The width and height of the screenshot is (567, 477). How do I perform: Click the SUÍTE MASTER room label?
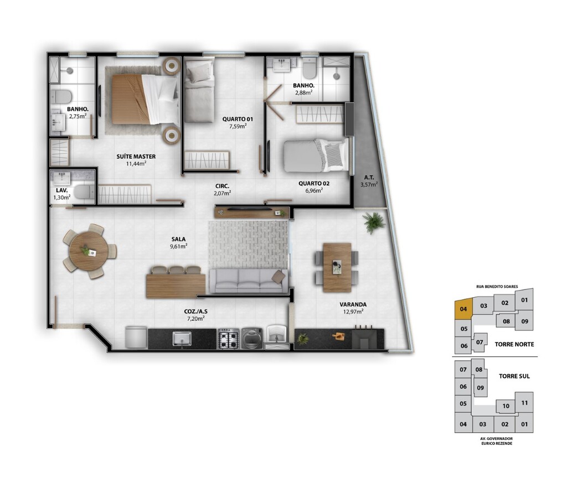coord(136,157)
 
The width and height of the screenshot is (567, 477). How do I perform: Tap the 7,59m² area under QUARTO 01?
coord(238,127)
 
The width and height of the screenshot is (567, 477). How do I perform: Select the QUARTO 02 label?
coord(314,184)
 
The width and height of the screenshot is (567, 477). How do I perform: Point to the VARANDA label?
coord(353,305)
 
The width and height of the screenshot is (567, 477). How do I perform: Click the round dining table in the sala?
coord(88,251)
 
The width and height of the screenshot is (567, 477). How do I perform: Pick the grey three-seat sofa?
coord(249,281)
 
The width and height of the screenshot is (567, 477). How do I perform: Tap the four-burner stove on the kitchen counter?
coord(229,339)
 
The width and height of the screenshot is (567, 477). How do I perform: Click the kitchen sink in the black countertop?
coord(182,339)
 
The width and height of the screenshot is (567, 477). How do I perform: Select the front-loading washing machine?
coord(252,339)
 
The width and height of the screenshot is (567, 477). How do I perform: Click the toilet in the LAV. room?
coord(84,192)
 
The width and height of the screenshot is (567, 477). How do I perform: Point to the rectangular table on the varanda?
coord(337,267)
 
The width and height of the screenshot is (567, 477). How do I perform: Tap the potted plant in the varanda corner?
coord(374,222)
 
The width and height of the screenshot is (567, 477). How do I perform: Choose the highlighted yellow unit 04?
coord(463,309)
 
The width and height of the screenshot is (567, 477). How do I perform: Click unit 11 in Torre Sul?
coord(524,402)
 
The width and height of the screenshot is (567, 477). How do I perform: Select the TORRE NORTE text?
coord(514,344)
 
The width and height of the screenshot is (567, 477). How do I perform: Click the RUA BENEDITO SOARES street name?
coord(497,287)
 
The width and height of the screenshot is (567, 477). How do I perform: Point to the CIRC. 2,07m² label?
coord(223,190)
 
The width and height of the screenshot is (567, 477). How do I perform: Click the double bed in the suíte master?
coord(145,100)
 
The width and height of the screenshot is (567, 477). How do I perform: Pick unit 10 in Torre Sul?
coord(506,406)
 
